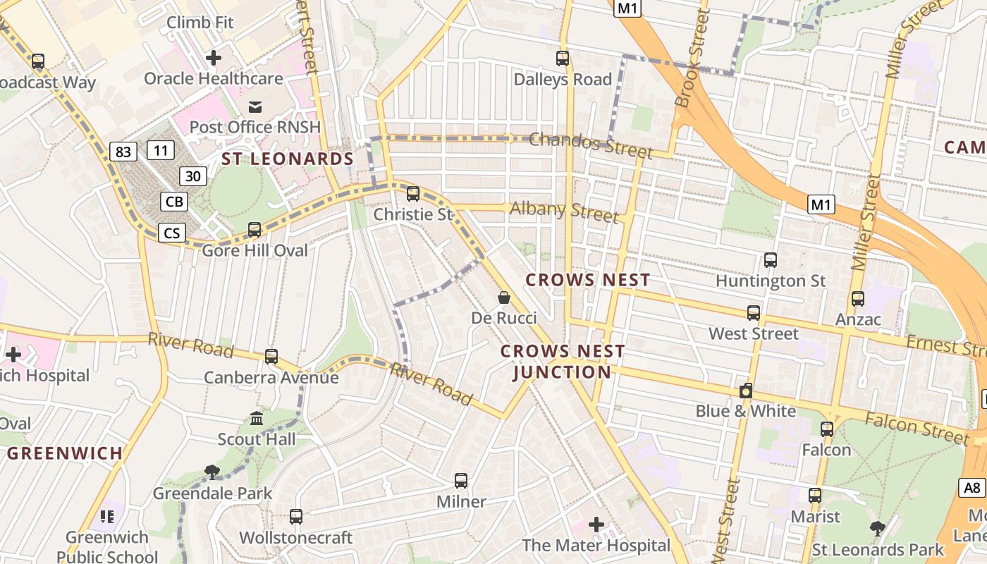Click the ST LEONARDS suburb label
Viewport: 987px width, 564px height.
click(288, 159)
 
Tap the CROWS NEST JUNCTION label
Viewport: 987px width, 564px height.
click(563, 362)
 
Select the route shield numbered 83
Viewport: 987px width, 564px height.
click(123, 151)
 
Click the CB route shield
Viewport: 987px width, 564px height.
click(174, 202)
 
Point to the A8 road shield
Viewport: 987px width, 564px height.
click(972, 487)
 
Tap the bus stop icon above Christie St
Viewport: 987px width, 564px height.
click(413, 193)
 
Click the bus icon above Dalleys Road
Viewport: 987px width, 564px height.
click(563, 59)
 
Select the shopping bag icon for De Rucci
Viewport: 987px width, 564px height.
click(504, 298)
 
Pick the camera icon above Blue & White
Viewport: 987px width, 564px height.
click(746, 391)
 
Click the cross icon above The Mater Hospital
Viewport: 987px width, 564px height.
click(596, 525)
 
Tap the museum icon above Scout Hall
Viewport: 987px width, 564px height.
click(257, 419)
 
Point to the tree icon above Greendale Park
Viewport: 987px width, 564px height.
click(211, 472)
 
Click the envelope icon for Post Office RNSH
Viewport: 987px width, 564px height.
click(255, 106)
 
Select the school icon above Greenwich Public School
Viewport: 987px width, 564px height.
click(107, 517)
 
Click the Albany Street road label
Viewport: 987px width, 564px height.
click(564, 211)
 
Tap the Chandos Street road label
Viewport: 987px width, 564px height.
click(590, 145)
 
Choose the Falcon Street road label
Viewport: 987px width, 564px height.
click(916, 428)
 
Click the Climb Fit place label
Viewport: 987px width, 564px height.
click(200, 23)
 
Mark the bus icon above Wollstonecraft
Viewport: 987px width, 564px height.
click(296, 517)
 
